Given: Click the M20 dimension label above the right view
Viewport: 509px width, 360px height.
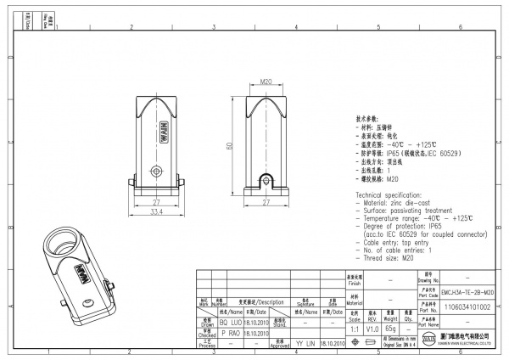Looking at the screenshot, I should point(265,82).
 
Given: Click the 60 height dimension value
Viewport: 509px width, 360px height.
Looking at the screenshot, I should point(228,145).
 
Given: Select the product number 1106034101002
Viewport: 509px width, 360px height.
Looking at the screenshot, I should point(468,309).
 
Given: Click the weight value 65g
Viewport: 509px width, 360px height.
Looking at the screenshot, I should point(391,327).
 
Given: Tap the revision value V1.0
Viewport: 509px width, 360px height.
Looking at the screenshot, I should point(371,327).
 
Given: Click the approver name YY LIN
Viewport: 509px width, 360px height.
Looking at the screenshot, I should point(305,344).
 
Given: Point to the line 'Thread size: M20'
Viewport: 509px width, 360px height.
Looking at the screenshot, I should point(389,257).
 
